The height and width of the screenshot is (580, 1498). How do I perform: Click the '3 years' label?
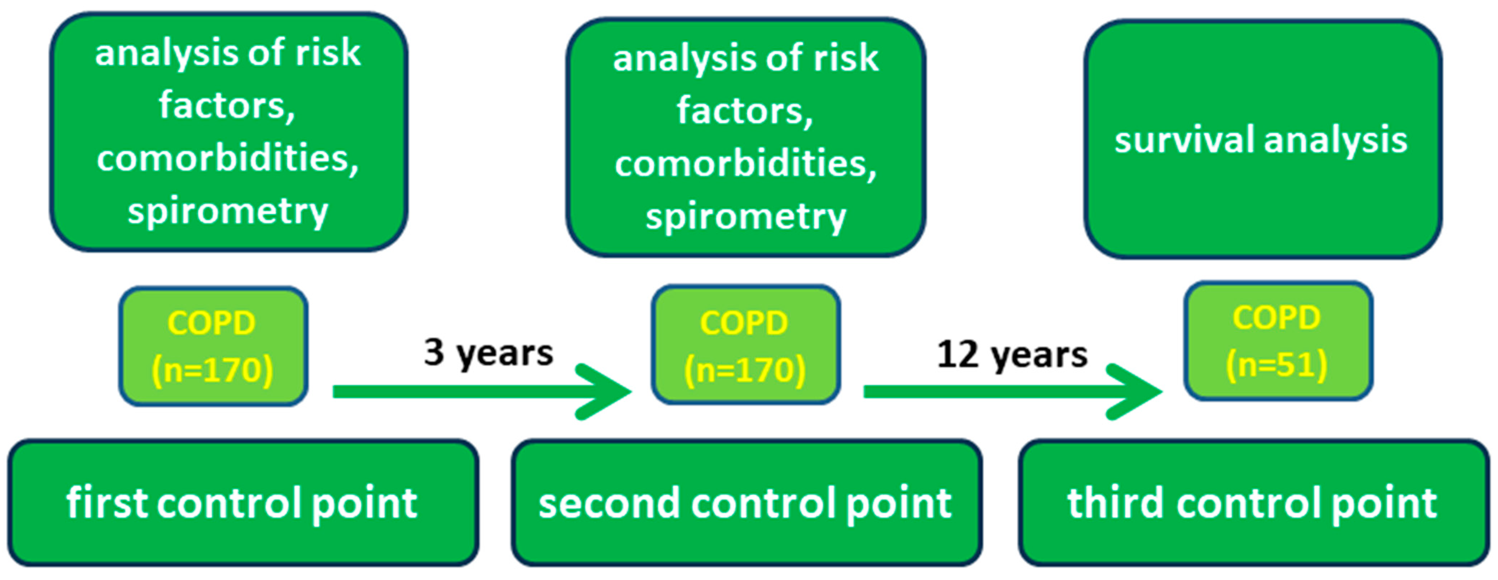[489, 353]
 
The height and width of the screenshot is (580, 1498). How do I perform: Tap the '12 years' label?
[1012, 354]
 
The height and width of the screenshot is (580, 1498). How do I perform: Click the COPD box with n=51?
[1278, 341]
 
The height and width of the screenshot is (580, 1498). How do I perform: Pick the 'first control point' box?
[243, 503]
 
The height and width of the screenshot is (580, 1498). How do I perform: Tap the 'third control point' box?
[1253, 503]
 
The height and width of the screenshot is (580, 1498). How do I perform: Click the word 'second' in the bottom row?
[608, 503]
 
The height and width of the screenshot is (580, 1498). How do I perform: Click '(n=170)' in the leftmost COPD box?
[212, 370]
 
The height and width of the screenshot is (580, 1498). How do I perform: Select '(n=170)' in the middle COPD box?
[745, 370]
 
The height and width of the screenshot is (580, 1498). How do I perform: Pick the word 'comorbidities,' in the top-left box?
[228, 158]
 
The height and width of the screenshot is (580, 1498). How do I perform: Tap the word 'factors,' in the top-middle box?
[745, 110]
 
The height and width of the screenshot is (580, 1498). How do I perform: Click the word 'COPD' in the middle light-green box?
[745, 322]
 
